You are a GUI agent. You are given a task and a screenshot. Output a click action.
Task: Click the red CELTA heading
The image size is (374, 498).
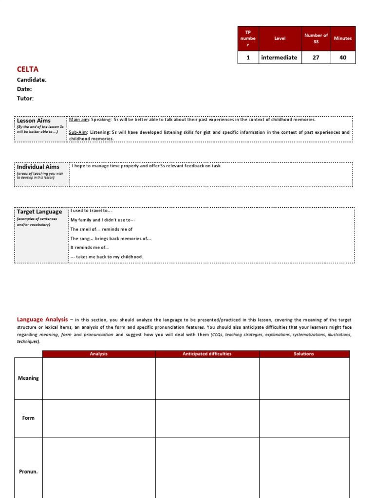(x=27, y=70)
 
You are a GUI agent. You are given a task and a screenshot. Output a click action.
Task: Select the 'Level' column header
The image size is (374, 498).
(x=280, y=38)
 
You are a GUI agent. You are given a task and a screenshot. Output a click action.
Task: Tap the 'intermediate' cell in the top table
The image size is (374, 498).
(x=279, y=57)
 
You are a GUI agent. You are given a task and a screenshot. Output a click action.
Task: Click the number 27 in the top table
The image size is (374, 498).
(x=316, y=57)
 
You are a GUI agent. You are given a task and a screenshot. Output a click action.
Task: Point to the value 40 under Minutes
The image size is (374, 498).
(x=343, y=57)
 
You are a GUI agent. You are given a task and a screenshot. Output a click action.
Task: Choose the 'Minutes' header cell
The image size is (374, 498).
(x=343, y=38)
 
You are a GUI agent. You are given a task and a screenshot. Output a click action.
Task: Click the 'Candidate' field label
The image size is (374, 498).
(x=31, y=80)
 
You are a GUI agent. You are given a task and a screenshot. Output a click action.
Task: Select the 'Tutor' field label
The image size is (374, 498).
(x=25, y=98)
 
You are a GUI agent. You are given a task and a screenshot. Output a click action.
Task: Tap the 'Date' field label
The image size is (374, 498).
(x=24, y=89)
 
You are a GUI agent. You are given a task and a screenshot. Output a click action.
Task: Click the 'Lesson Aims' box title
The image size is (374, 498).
(x=34, y=121)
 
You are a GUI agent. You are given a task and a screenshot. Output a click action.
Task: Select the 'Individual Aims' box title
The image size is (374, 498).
(x=38, y=167)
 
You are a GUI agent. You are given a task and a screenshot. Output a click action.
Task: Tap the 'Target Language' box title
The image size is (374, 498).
(x=39, y=212)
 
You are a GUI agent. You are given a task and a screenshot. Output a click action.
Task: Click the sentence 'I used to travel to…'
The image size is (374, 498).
(x=91, y=211)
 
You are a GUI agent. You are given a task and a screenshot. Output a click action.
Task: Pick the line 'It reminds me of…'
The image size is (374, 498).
(x=90, y=248)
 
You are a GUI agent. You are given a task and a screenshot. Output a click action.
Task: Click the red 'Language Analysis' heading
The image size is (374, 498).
(x=42, y=320)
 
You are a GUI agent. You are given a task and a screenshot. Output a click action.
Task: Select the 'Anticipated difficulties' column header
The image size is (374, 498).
(x=207, y=354)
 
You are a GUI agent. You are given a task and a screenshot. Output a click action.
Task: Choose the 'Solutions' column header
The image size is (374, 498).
(x=304, y=354)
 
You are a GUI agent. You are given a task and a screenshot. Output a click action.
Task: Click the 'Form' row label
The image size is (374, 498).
(x=28, y=418)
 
